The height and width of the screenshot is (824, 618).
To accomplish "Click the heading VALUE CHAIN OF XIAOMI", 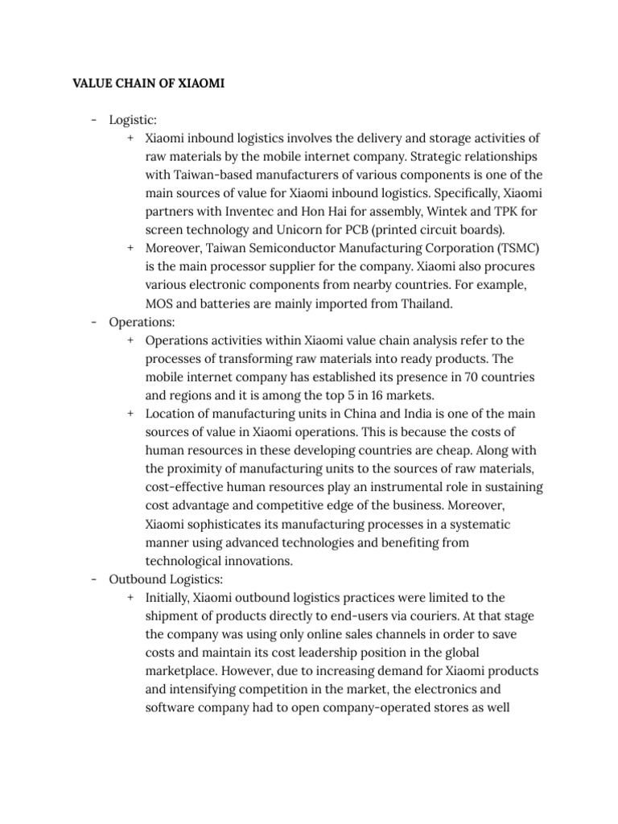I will pos(148,83).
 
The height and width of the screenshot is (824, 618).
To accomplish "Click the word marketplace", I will pos(183,670).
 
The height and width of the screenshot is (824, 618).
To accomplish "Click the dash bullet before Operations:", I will pos(93,321).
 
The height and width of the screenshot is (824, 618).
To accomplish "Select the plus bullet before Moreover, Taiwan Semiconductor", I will pos(130,247).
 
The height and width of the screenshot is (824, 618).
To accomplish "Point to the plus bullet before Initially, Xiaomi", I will pos(130,597).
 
